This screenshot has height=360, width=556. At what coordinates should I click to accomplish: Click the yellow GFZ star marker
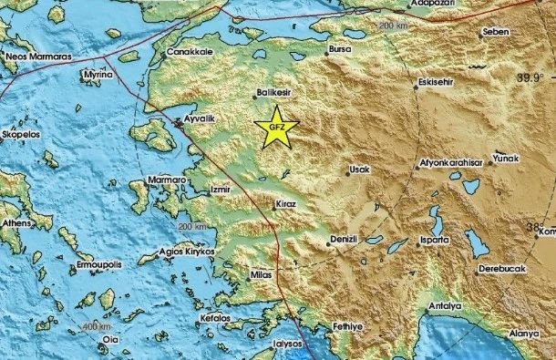pyautogui.click(x=276, y=129)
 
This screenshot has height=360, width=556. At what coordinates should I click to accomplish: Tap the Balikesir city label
pyautogui.click(x=273, y=92)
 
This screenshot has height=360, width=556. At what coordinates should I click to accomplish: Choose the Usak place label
pyautogui.click(x=358, y=170)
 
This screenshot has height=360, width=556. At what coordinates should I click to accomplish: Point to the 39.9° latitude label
pyautogui.click(x=533, y=79)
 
